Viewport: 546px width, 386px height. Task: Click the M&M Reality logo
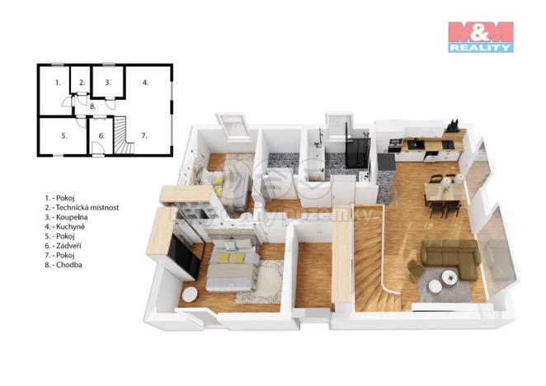(480, 36)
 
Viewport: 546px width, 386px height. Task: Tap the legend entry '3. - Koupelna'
(71, 218)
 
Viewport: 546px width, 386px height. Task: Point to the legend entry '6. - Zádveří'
(68, 246)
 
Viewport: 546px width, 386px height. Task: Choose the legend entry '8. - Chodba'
(67, 265)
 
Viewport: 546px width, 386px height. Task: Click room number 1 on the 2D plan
(57, 83)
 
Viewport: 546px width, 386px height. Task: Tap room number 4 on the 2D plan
(145, 83)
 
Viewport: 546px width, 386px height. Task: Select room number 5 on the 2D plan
(63, 136)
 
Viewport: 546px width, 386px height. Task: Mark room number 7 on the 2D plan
(144, 135)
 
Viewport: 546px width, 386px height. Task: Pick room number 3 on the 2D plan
(108, 82)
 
